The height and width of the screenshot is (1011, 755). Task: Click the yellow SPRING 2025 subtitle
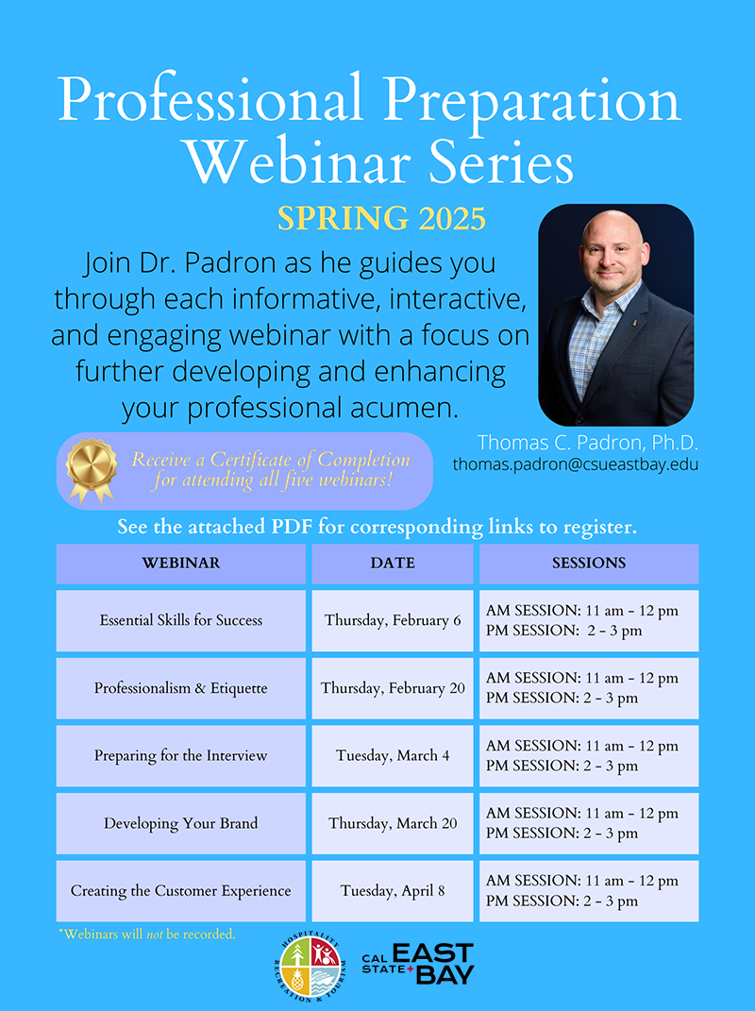381,219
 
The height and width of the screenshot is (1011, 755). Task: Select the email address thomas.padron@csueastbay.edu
575,464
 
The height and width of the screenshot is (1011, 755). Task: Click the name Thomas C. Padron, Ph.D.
587,443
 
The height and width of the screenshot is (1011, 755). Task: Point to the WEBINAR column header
180,563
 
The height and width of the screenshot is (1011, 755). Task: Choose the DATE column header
392,563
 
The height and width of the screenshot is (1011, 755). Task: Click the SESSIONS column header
589,563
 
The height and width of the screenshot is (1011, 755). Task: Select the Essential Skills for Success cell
180,620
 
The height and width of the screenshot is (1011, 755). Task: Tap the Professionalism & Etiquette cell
180,688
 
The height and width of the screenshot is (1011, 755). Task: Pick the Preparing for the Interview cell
180,756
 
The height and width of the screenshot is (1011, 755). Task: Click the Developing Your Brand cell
180,823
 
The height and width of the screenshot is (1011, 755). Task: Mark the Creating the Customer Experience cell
180,891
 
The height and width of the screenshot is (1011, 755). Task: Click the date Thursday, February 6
393,621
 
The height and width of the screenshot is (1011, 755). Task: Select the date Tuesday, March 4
393,756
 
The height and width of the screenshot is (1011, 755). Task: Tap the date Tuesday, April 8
393,891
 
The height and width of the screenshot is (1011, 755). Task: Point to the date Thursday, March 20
393,823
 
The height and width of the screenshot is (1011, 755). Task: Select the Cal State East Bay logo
418,964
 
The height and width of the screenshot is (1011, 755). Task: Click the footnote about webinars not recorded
147,934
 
